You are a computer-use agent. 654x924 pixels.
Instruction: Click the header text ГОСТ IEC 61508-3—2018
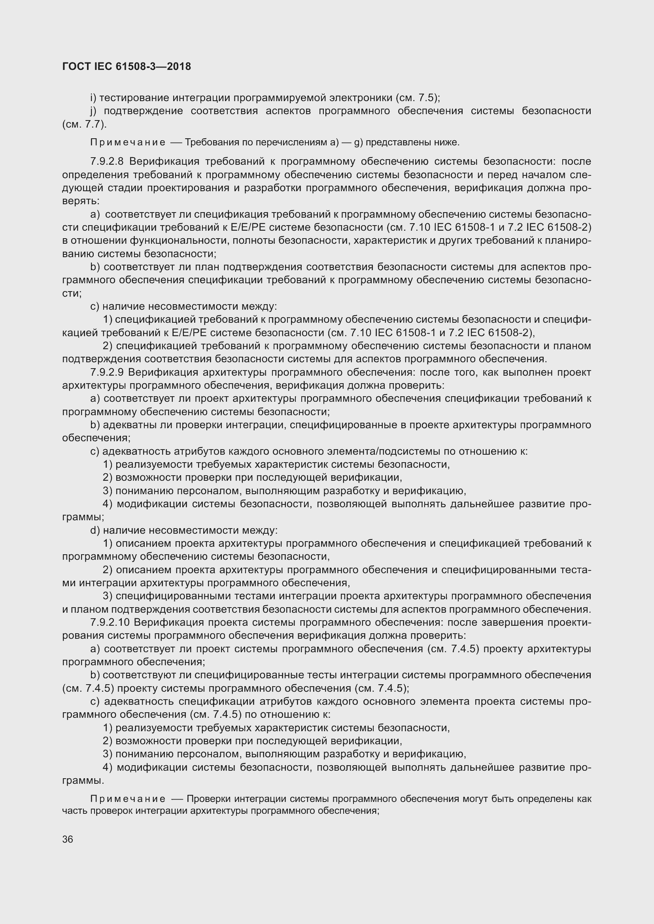(127, 66)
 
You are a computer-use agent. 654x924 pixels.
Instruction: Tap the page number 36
(68, 839)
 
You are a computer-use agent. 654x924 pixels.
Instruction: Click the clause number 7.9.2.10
(110, 622)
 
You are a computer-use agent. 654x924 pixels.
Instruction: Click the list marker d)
(95, 531)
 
